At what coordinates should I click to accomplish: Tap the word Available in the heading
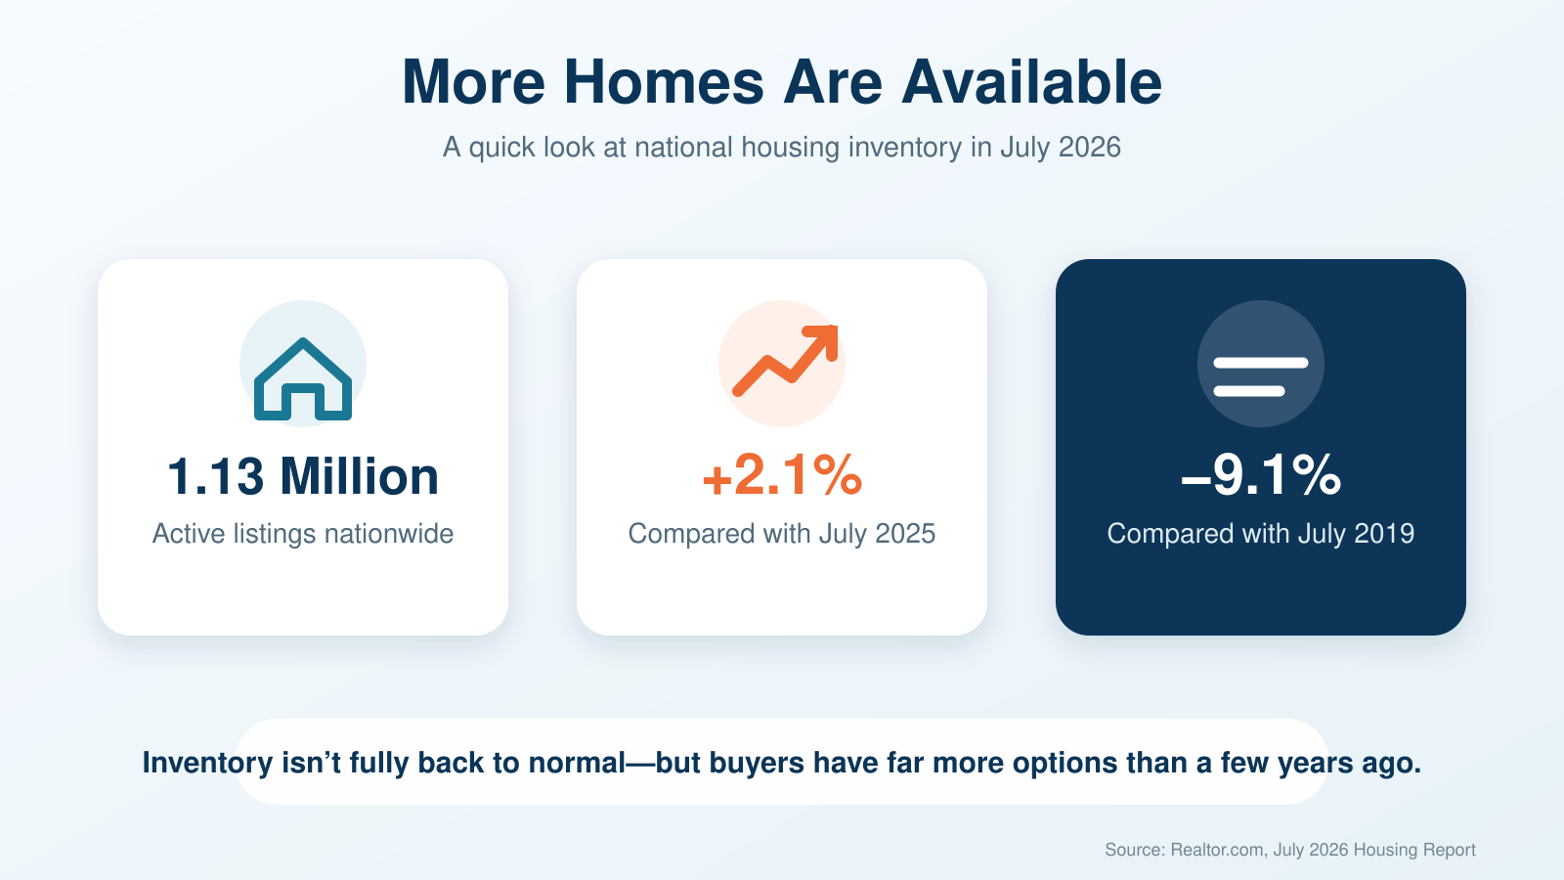[x=1031, y=82]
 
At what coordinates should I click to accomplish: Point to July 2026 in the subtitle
[x=1060, y=148]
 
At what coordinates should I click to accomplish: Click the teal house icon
[x=303, y=379]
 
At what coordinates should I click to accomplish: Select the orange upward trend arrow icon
[x=785, y=361]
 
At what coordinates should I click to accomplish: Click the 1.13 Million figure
[x=303, y=477]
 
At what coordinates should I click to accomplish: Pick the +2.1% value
[x=782, y=475]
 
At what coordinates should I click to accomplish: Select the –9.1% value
[x=1261, y=475]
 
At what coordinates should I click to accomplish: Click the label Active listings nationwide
[x=303, y=534]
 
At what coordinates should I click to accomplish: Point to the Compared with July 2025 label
[x=782, y=534]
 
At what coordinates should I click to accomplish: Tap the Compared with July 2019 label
[x=1261, y=534]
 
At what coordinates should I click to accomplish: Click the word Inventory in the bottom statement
[x=207, y=763]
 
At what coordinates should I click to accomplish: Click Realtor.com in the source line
[x=1217, y=850]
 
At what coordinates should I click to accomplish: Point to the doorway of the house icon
[x=303, y=405]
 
